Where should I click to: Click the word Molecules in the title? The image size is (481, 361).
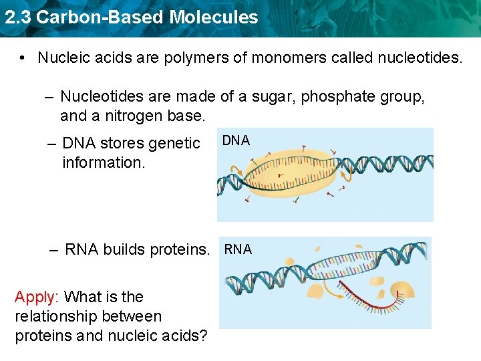pos(214,17)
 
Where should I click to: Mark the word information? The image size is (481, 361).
pos(103,162)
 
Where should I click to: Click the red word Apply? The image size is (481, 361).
pos(37,297)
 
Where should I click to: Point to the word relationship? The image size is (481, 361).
pos(55,316)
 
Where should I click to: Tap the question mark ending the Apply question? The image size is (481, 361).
pos(203,336)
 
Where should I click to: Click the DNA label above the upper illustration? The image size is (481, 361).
pos(236,140)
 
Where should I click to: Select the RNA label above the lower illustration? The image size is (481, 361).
pos(238,249)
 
